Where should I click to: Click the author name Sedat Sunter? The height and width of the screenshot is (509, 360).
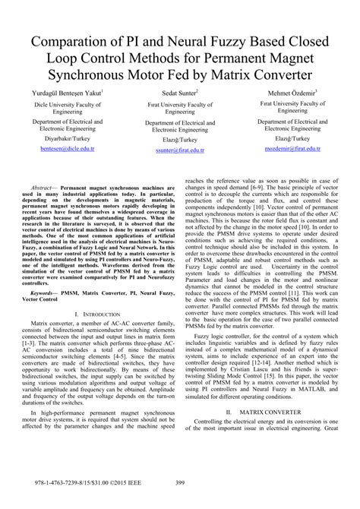(x=180, y=92)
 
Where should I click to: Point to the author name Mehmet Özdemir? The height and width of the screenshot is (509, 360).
(x=287, y=92)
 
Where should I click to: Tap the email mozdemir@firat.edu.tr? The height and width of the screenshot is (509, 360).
(x=287, y=150)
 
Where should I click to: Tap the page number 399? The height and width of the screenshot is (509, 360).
(x=180, y=501)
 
